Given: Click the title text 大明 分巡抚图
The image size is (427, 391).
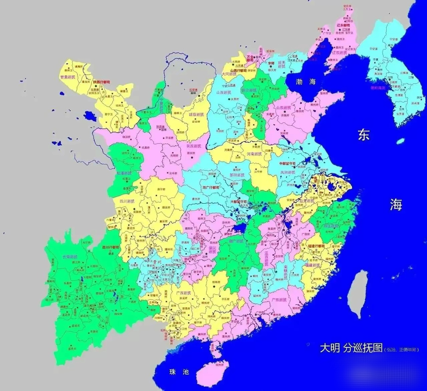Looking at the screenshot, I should (x=351, y=348).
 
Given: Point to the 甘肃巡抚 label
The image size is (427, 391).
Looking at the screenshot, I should (x=67, y=77).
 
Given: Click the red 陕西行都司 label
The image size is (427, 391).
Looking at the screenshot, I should (x=101, y=82).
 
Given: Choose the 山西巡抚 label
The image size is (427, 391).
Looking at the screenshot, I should (x=225, y=92).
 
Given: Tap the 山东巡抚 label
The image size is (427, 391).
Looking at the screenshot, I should (x=284, y=108).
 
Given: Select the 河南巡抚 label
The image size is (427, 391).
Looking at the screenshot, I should (x=255, y=154).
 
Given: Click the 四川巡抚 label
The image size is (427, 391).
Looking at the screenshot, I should (x=127, y=201).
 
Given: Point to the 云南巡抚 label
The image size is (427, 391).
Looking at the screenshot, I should (x=70, y=257).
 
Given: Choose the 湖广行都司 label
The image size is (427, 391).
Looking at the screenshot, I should (x=211, y=187).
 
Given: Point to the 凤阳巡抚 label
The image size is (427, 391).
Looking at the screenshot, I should (x=288, y=172).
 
